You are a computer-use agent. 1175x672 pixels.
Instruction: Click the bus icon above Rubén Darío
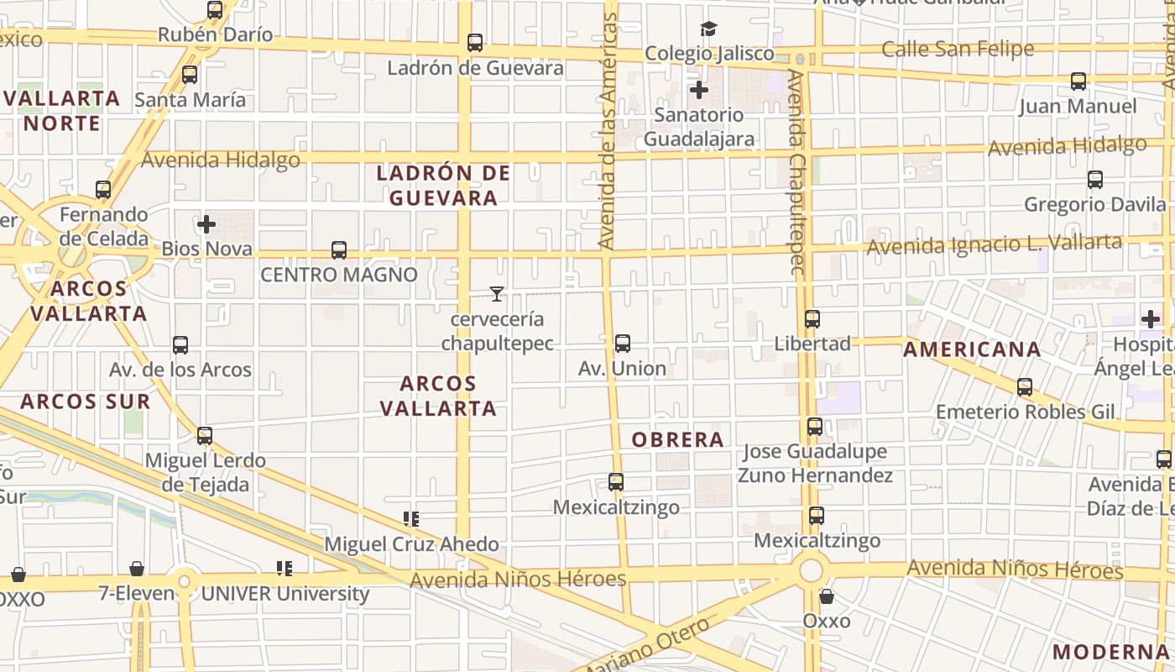coord(215,10)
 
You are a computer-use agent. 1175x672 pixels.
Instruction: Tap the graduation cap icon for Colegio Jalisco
coord(709,29)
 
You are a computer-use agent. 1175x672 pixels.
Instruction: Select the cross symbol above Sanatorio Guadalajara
coord(698,90)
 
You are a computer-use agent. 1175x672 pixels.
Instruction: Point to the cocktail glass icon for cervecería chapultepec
coord(497,294)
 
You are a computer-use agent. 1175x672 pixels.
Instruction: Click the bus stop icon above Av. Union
coord(622,344)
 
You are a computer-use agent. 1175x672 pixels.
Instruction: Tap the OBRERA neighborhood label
coord(677,439)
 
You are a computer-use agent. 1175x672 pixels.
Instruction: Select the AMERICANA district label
coord(971,349)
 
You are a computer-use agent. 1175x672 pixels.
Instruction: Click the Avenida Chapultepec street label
coord(797,172)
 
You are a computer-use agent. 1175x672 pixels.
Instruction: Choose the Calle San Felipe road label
coord(957,50)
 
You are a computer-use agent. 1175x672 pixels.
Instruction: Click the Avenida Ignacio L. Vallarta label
coord(994,245)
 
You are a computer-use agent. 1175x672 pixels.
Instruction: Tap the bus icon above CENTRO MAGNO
coord(338,250)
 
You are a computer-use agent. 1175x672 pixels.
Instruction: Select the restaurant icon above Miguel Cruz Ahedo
coord(410,519)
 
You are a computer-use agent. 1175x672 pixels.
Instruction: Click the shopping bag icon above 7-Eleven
coord(137,570)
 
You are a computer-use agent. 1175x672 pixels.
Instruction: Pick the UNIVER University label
coord(285,594)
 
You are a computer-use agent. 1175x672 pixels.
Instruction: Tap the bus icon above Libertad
coord(812,319)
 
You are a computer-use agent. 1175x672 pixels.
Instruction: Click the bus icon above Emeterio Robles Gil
coord(1024,387)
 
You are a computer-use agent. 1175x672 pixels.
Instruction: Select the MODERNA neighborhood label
coord(1110,652)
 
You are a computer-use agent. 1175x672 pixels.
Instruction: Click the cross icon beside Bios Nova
coord(206,224)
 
